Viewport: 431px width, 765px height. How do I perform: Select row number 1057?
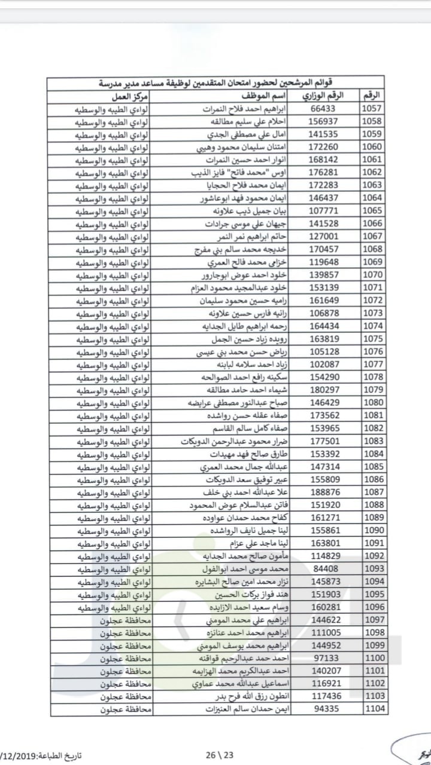coord(375,109)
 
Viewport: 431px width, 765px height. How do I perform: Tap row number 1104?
coord(375,709)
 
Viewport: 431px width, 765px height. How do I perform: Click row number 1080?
coord(375,402)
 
